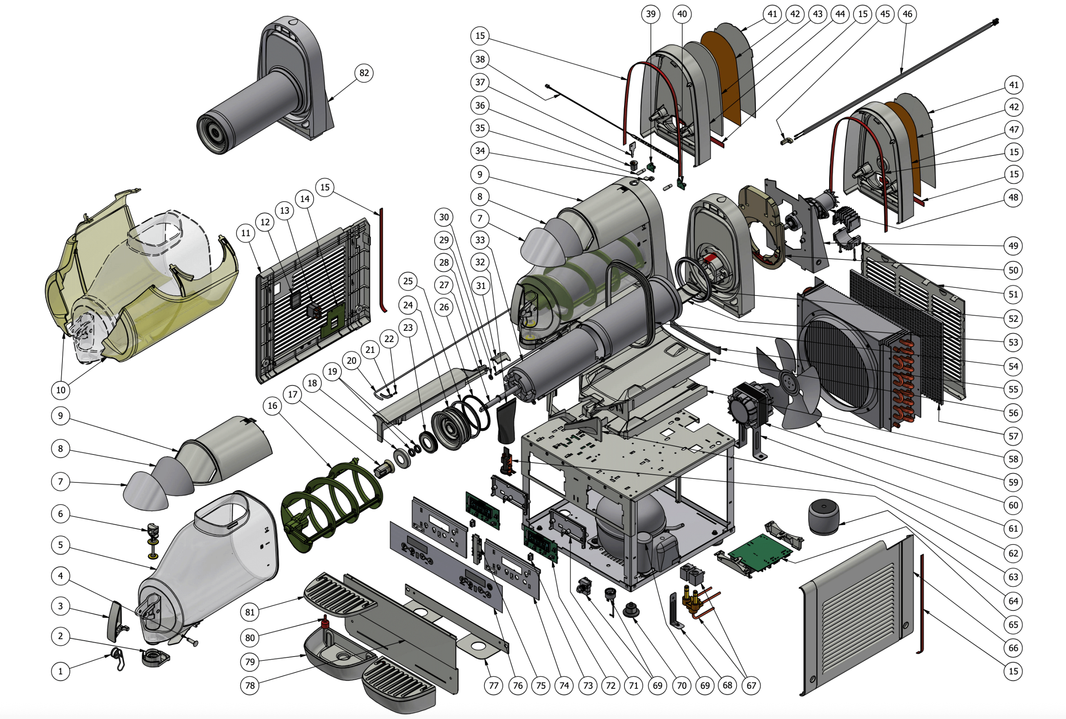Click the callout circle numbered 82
tap(364, 73)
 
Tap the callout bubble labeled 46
tap(907, 14)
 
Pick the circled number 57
tap(1013, 436)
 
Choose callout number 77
tap(493, 685)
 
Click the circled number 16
tap(272, 405)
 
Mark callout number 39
tap(651, 14)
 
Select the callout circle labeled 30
tap(444, 217)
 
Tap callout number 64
tap(1013, 601)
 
